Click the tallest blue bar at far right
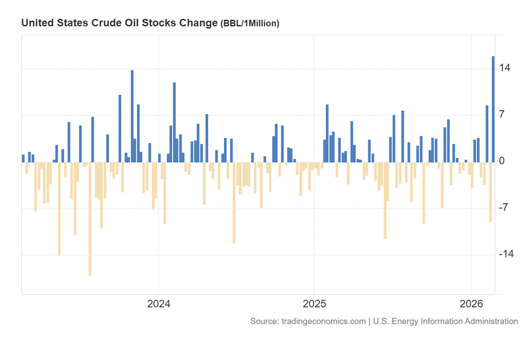(x=493, y=109)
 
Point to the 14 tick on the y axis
(x=506, y=69)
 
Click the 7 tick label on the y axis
(x=503, y=115)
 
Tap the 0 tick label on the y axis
(x=503, y=162)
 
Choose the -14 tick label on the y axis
(x=507, y=255)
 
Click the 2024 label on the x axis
(x=158, y=305)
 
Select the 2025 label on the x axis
(x=314, y=305)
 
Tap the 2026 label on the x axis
(x=471, y=305)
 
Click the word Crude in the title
(x=105, y=23)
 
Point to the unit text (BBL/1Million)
(x=250, y=24)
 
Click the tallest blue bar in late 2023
(x=132, y=116)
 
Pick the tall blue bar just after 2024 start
(x=174, y=122)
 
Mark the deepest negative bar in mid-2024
(x=234, y=202)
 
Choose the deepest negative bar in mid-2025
(x=385, y=200)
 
